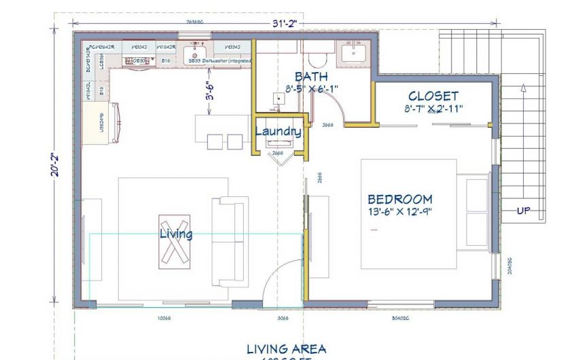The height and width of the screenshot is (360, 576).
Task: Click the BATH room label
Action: pos(312,76)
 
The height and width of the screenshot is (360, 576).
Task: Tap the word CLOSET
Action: pos(433,96)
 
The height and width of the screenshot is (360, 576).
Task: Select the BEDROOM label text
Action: pos(400,199)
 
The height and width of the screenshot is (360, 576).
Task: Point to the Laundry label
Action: pos(278,131)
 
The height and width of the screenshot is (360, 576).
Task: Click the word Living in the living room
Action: pos(176,234)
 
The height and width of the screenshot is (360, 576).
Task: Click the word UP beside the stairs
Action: pos(524,211)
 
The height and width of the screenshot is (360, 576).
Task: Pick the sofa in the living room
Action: pos(230,241)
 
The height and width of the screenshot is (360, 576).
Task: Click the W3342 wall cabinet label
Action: pos(232,47)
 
